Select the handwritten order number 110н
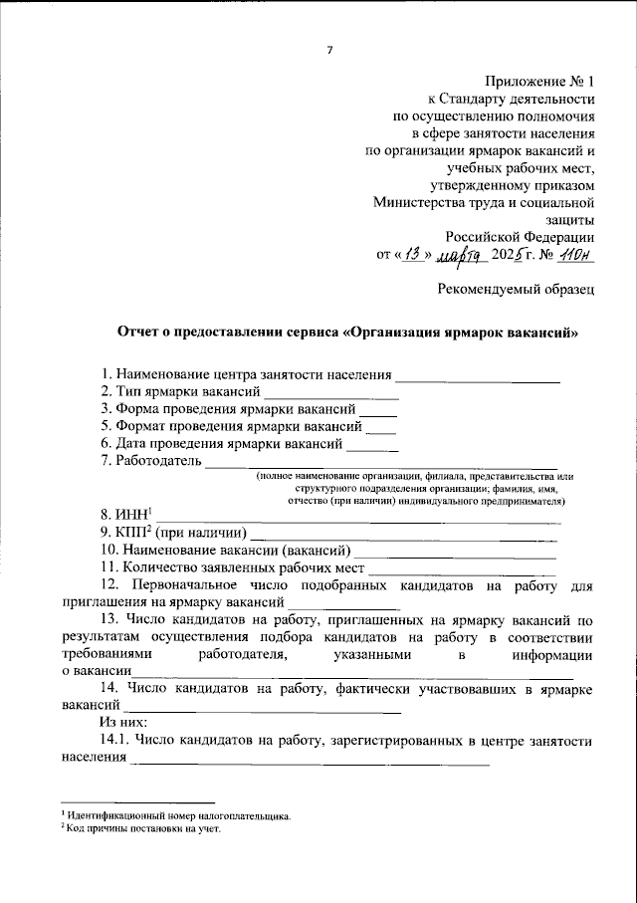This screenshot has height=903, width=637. [573, 255]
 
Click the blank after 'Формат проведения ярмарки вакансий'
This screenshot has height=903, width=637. [381, 428]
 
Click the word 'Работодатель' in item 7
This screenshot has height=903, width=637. [158, 461]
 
